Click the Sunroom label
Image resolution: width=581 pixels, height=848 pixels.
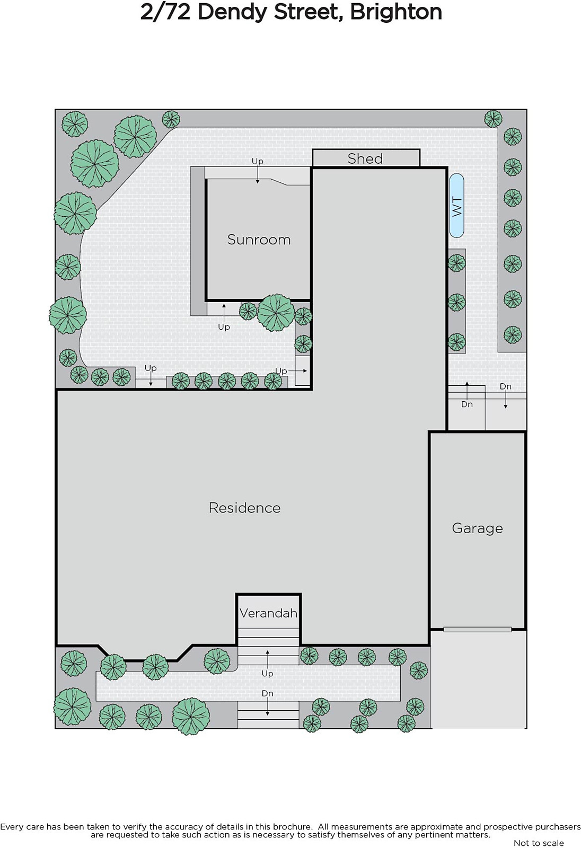coord(259,240)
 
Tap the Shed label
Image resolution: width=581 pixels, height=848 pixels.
coord(365,158)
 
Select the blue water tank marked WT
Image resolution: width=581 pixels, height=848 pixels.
coord(456,206)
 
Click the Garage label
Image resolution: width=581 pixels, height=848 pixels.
coord(477,528)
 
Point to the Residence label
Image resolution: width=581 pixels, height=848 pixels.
coord(245,508)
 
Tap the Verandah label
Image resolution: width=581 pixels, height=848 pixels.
coord(268,613)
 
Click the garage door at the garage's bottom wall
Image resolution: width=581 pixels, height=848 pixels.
coord(477,630)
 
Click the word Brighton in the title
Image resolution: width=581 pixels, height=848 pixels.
coord(396,13)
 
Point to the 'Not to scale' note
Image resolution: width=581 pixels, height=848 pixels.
coord(539,843)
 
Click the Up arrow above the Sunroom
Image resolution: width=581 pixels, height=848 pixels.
coord(258,174)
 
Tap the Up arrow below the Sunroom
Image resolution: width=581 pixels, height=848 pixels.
coord(224,313)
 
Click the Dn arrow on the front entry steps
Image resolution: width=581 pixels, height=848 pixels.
coord(267,706)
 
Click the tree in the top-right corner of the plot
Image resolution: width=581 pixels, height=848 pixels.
coord(493,119)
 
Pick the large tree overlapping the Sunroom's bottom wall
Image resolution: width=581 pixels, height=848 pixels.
coord(276,313)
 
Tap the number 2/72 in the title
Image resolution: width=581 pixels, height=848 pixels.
coord(165,13)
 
